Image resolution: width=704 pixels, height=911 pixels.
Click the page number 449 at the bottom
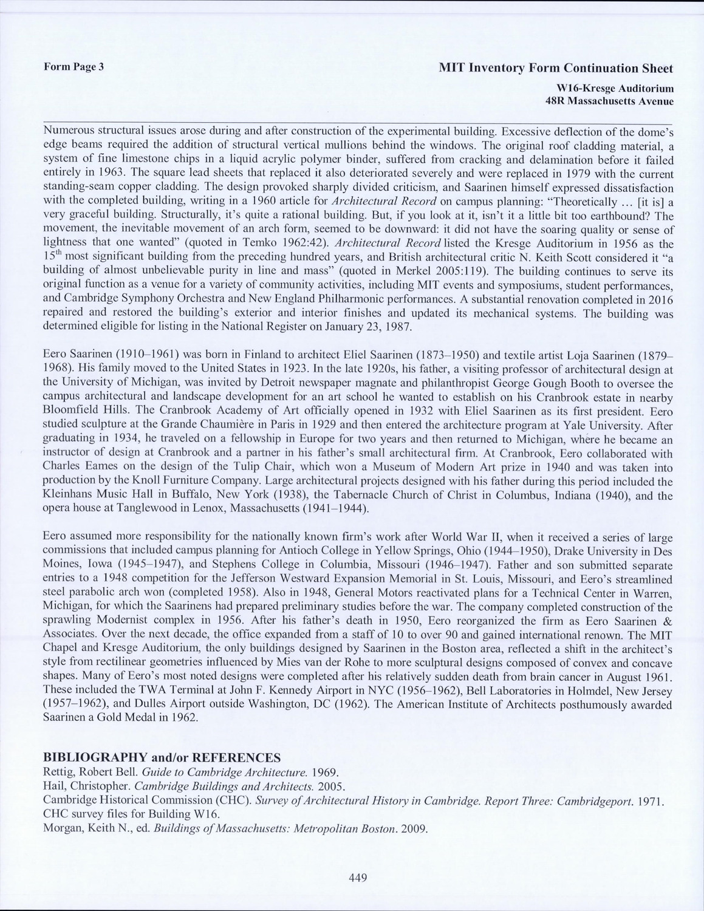coord(358,876)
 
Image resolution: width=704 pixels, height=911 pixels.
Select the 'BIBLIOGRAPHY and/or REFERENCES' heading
coord(162,757)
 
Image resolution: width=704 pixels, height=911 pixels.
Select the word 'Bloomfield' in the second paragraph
coord(69,412)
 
